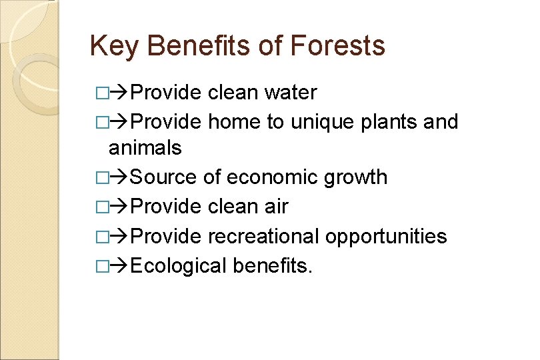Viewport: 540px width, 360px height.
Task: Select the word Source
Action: click(163, 177)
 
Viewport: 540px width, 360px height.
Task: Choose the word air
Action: click(276, 207)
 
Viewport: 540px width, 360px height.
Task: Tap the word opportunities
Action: click(386, 237)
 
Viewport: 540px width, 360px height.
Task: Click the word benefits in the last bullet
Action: click(273, 265)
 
